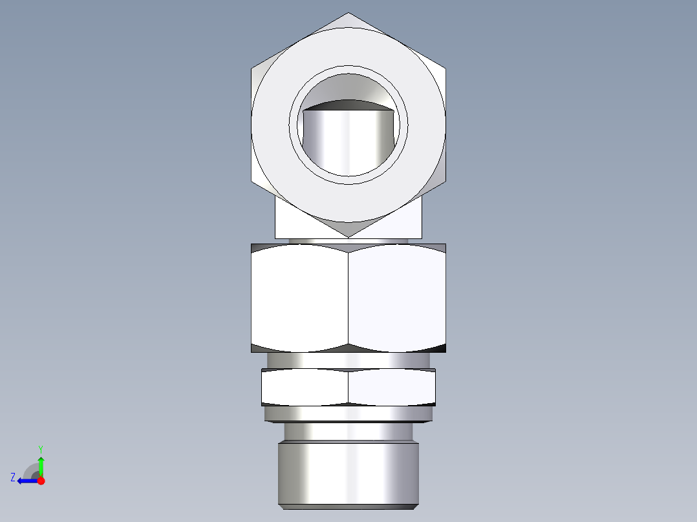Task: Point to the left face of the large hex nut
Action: pyautogui.click(x=299, y=297)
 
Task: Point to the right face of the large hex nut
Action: pyautogui.click(x=397, y=297)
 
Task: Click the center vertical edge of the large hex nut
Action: pyautogui.click(x=348, y=297)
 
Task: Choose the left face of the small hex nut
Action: pyautogui.click(x=305, y=388)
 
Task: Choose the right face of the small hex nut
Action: pyautogui.click(x=392, y=388)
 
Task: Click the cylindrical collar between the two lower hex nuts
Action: pyautogui.click(x=348, y=360)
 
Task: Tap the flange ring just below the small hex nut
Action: pyautogui.click(x=348, y=413)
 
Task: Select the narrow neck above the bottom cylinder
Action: pyautogui.click(x=348, y=431)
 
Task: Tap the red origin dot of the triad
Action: pyautogui.click(x=41, y=481)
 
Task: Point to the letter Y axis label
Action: pyautogui.click(x=40, y=448)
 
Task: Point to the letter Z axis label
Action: pyautogui.click(x=13, y=477)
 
